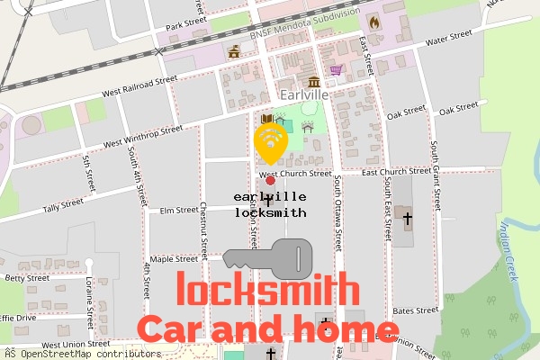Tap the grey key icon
(x=268, y=258)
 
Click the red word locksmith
(x=267, y=291)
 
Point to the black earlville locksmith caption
(x=270, y=204)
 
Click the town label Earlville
(x=303, y=94)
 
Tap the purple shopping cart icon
(x=336, y=68)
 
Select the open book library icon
(x=266, y=119)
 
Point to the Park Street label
(x=187, y=23)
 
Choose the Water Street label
(x=448, y=38)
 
